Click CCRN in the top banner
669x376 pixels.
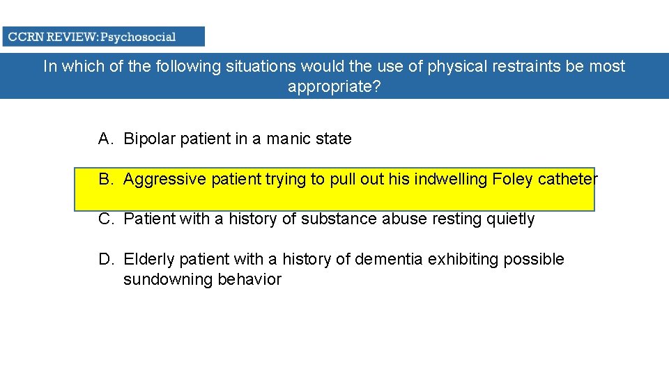coord(25,37)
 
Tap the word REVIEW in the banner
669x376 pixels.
coord(72,37)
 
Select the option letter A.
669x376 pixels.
coord(105,139)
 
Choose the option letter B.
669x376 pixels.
coord(105,179)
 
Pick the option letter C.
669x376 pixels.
coord(105,219)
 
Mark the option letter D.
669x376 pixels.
coord(105,259)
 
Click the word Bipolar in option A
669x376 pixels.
coord(150,139)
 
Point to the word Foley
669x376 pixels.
coord(513,179)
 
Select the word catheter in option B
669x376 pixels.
coord(568,179)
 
